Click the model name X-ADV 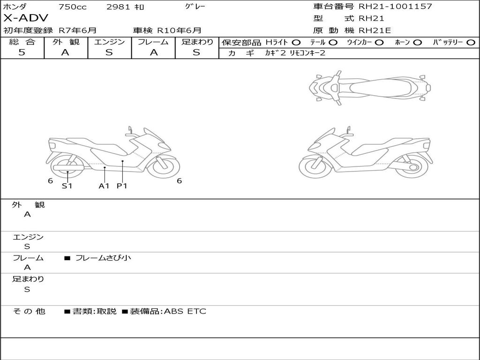pos(26,18)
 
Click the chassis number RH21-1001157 pos(395,7)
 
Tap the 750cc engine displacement pos(73,7)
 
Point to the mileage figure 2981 pos(119,7)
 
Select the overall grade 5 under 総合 pos(22,52)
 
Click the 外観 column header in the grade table pos(66,42)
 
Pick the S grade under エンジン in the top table pos(109,52)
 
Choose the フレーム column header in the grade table pos(153,42)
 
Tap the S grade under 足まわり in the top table pos(196,52)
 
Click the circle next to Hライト pos(296,43)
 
